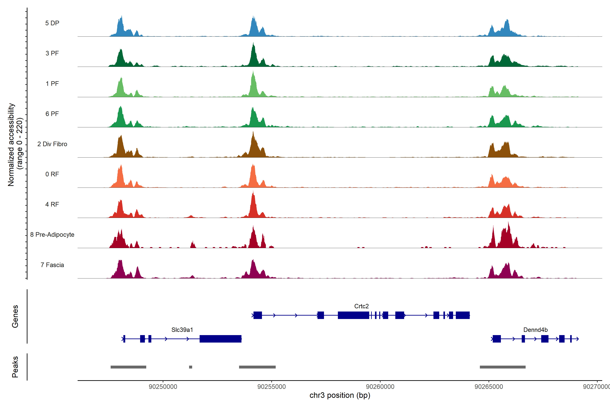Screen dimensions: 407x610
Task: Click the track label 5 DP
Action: tap(52, 23)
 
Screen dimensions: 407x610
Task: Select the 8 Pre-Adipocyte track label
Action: tap(52, 235)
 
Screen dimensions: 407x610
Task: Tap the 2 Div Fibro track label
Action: tap(52, 144)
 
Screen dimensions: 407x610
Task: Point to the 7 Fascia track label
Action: tap(52, 265)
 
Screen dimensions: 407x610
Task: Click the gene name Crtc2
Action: tap(361, 306)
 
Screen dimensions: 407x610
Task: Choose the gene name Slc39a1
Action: tap(182, 330)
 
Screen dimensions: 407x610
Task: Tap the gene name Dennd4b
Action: tap(535, 330)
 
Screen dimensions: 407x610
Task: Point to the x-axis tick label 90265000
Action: tap(489, 387)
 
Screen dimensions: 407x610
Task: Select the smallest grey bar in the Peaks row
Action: tap(191, 367)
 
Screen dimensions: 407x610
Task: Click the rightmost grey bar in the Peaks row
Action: tap(502, 367)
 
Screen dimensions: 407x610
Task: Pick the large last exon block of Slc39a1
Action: tap(220, 339)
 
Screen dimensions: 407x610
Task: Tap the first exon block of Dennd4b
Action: tap(497, 339)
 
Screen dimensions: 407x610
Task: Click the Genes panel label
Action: tap(15, 316)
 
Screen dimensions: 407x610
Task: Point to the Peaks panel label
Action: tap(15, 367)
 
